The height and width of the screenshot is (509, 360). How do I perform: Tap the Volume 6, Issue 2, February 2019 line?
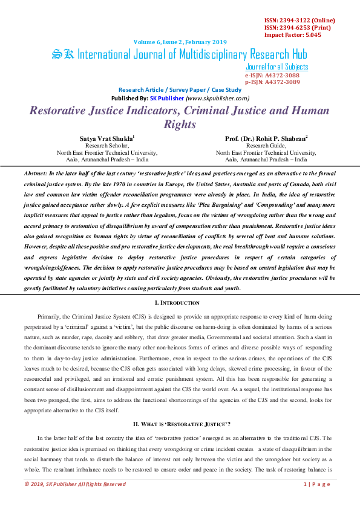(x=180, y=42)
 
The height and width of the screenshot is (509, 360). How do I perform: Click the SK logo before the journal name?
(x=63, y=55)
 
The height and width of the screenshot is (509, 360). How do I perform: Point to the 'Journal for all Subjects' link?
(x=277, y=67)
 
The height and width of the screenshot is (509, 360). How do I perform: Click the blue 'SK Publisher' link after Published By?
(x=167, y=98)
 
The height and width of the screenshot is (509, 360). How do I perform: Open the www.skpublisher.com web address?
(x=218, y=98)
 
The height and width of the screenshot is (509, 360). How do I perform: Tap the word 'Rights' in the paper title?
(x=180, y=125)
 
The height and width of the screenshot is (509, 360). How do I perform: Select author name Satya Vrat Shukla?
(x=106, y=138)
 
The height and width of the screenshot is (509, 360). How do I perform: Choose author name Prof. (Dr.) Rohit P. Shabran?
(x=264, y=138)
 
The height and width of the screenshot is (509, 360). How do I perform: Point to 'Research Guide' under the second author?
(x=266, y=146)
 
